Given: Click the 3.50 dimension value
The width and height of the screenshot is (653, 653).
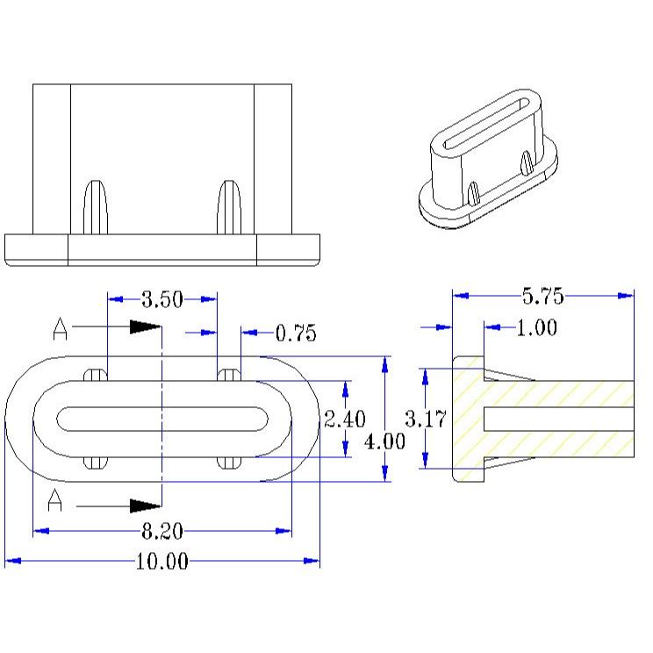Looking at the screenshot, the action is (162, 299).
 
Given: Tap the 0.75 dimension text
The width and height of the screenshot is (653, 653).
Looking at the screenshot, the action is (296, 334).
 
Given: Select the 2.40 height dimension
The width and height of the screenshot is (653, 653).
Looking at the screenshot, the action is (345, 419).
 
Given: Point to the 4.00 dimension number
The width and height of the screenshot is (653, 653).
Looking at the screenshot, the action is (384, 441).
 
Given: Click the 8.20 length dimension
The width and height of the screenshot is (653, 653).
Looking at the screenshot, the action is (162, 531).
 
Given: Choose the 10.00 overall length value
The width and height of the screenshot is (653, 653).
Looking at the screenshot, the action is (162, 562).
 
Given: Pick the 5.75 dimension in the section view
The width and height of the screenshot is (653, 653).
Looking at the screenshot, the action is (543, 296).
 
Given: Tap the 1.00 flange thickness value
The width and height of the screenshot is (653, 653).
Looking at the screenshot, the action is (537, 327).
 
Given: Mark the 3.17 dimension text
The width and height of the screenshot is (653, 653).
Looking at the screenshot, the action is (426, 419).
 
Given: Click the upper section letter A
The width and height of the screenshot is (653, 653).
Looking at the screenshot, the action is (60, 329).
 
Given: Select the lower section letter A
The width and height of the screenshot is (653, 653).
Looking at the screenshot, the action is (55, 500).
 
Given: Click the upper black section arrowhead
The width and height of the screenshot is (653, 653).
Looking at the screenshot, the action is (146, 326).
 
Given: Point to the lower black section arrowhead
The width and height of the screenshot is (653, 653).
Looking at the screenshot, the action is (146, 506).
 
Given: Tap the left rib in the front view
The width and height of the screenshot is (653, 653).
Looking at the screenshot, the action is (96, 207).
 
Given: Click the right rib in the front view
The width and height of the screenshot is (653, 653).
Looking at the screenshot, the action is (229, 207).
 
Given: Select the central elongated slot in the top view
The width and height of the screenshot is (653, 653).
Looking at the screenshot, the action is (162, 419).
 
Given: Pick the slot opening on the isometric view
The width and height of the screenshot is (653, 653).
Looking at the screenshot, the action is (486, 123).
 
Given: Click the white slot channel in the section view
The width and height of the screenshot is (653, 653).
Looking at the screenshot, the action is (559, 420).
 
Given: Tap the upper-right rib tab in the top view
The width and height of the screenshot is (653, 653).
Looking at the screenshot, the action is (229, 375).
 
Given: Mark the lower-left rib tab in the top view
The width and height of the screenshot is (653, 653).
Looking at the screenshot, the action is (96, 463).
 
